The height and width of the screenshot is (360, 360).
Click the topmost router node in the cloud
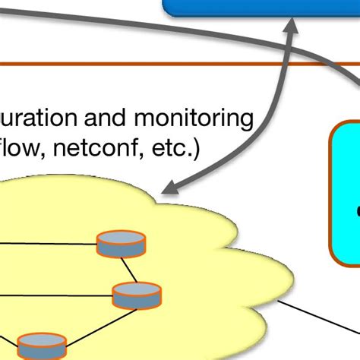(x=121, y=245)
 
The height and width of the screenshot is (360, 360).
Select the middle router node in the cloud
(x=137, y=294)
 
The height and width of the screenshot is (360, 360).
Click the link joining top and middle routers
(x=129, y=269)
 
